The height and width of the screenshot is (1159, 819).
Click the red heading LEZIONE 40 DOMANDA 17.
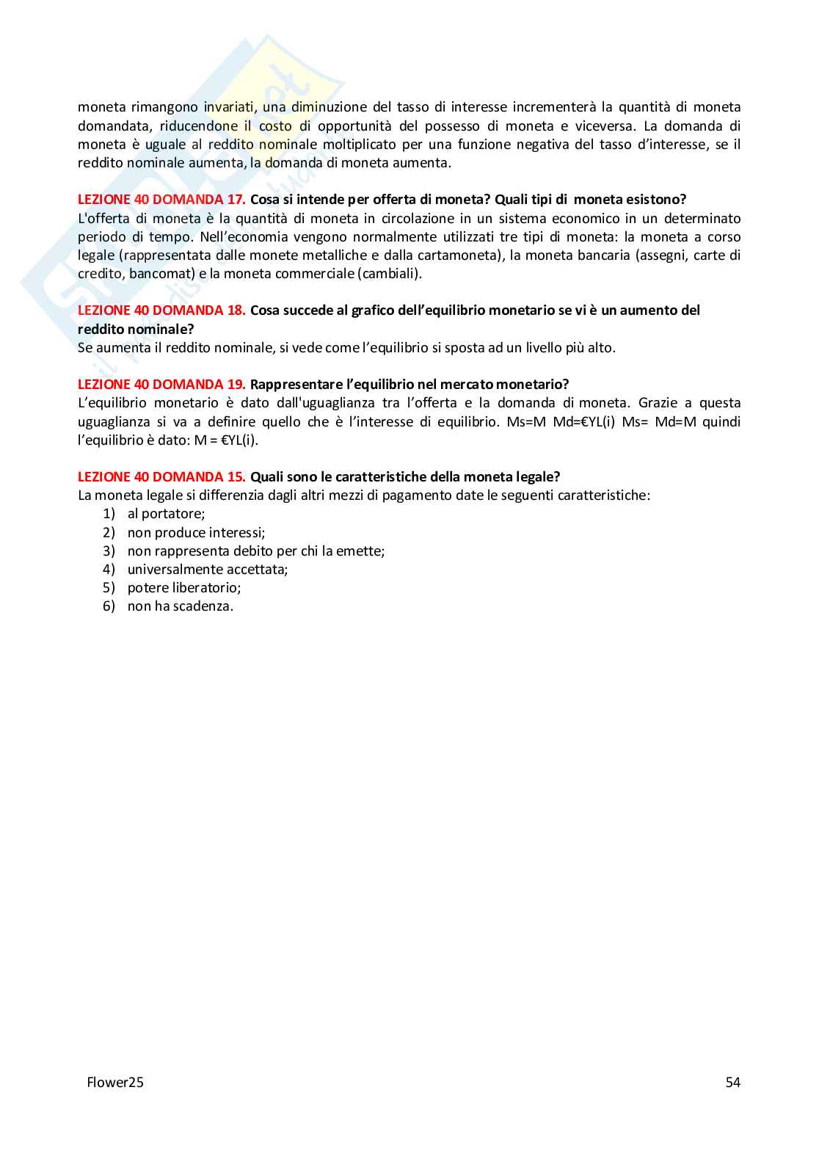pos(161,200)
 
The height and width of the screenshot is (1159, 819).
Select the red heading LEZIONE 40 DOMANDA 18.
pos(161,310)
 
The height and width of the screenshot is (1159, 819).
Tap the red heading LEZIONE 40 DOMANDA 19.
pos(161,385)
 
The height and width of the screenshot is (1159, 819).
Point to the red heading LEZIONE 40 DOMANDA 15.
pos(161,477)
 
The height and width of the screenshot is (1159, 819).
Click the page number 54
pos(732,1083)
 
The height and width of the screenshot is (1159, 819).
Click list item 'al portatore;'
pos(166,514)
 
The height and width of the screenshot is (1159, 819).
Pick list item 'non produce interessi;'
pos(196,533)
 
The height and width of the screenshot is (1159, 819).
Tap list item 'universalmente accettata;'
pos(208,570)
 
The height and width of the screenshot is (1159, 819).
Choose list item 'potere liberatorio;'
pos(184,588)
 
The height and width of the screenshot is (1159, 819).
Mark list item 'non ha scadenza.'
pos(181,606)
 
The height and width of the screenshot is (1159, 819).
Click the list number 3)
pos(109,551)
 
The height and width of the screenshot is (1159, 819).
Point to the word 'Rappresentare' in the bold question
pos(291,385)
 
